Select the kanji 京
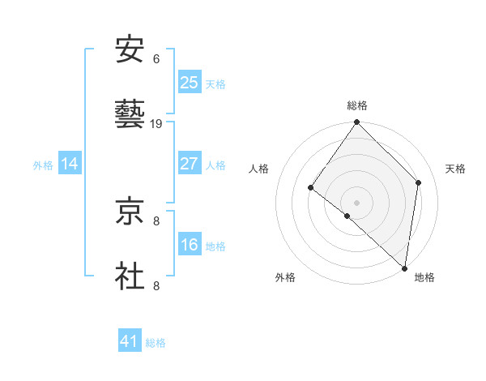[x=130, y=212]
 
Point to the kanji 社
[x=130, y=276]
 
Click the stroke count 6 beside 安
[x=156, y=59]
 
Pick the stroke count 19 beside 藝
[x=157, y=124]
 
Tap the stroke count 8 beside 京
[x=156, y=220]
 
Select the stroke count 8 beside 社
[x=156, y=285]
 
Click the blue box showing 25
[x=190, y=83]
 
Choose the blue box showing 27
[x=190, y=164]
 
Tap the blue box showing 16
[x=190, y=245]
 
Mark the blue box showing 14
[x=70, y=164]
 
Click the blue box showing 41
[x=130, y=341]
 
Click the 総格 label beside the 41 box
[x=156, y=343]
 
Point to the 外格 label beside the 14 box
[x=43, y=165]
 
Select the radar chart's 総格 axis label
[x=357, y=105]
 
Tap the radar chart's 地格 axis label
[x=424, y=277]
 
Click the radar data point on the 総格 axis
[x=357, y=123]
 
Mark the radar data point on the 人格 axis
[x=310, y=188]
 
